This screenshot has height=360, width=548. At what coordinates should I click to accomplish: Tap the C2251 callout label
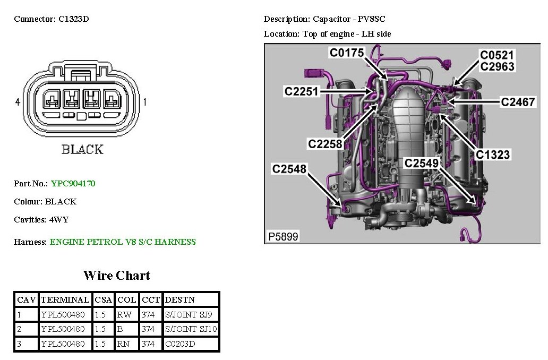pyautogui.click(x=301, y=91)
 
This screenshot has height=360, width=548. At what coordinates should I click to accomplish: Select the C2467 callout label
pyautogui.click(x=518, y=101)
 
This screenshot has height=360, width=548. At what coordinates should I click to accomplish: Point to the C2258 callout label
pyautogui.click(x=325, y=143)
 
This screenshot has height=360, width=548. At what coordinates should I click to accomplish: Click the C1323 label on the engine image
pyautogui.click(x=492, y=155)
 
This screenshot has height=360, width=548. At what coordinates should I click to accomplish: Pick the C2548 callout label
pyautogui.click(x=289, y=169)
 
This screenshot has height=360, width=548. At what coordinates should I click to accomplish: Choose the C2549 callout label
pyautogui.click(x=422, y=163)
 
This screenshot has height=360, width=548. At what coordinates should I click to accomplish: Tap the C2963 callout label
pyautogui.click(x=497, y=66)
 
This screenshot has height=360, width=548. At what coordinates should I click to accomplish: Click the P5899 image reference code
pyautogui.click(x=282, y=236)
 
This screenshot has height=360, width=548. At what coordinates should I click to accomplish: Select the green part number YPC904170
pyautogui.click(x=73, y=184)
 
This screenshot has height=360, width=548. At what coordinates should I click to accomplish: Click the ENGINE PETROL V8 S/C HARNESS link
pyautogui.click(x=123, y=242)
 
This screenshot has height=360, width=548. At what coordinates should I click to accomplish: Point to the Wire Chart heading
pyautogui.click(x=116, y=276)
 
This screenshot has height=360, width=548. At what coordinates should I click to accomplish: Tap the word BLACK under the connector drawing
pyautogui.click(x=82, y=149)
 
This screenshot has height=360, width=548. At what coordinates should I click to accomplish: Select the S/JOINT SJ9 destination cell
pyautogui.click(x=189, y=314)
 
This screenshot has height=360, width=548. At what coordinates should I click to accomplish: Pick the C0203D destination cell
pyautogui.click(x=181, y=344)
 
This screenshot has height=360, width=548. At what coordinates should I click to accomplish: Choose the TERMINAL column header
pyautogui.click(x=65, y=299)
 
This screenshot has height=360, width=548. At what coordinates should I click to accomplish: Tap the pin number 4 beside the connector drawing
pyautogui.click(x=18, y=101)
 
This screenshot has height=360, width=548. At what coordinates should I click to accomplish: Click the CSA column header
pyautogui.click(x=103, y=299)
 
